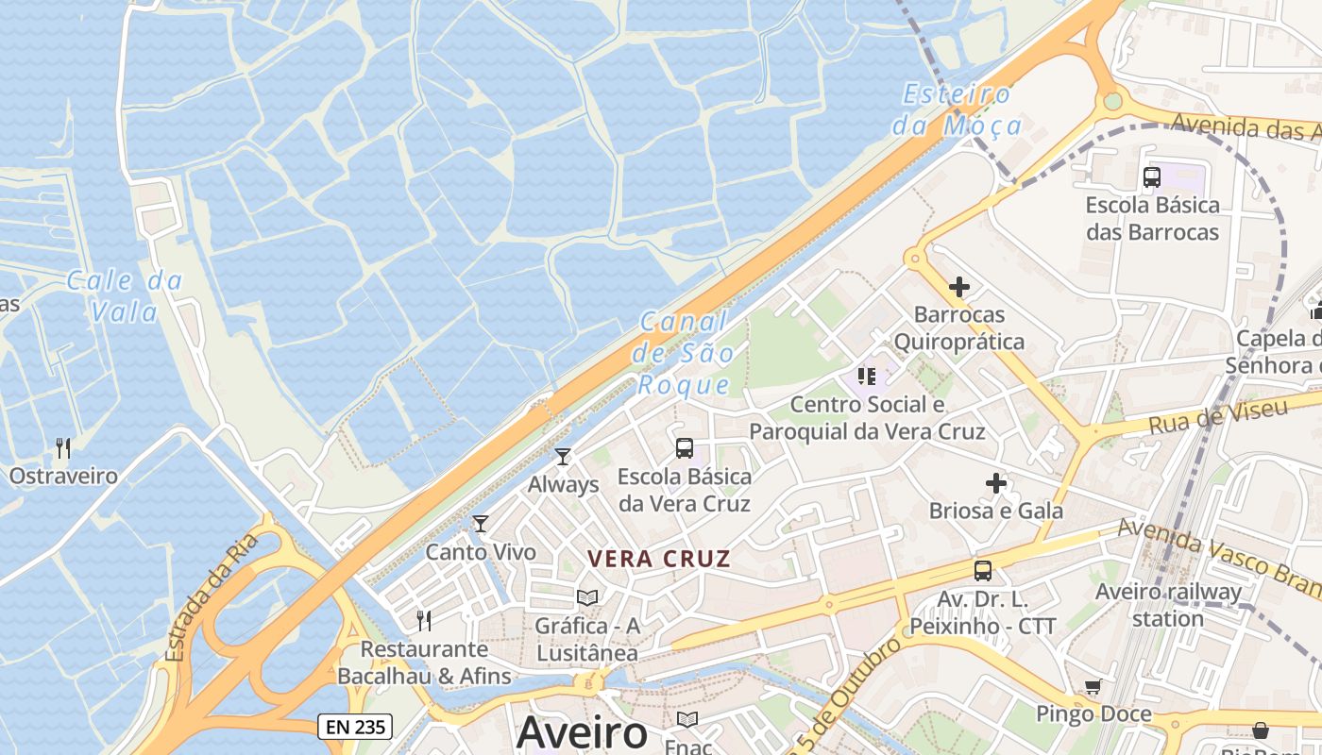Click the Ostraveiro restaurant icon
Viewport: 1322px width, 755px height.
tap(63, 447)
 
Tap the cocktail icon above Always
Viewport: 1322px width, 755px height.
tap(563, 457)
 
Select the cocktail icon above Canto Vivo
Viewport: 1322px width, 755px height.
tap(481, 524)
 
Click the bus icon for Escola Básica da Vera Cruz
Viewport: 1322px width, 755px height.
tap(685, 448)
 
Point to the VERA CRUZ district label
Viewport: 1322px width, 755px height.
tap(659, 559)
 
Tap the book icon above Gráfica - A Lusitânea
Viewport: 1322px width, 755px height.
tap(587, 597)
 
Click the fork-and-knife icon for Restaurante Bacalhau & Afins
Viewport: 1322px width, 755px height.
tap(425, 620)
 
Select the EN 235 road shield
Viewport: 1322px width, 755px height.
tap(354, 726)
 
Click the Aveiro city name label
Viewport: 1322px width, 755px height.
tap(582, 732)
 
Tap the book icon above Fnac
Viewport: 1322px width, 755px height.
tap(687, 720)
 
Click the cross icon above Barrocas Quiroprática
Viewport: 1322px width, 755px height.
tap(959, 287)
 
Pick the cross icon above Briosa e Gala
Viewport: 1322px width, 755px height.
tap(996, 484)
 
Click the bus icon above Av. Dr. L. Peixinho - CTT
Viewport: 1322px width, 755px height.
tap(983, 570)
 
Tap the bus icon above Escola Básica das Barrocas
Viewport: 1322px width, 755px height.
tap(1152, 176)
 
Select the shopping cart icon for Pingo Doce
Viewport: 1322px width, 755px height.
tap(1093, 687)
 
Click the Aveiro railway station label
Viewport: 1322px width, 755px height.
tap(1168, 605)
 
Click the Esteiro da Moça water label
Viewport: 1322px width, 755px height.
tap(958, 109)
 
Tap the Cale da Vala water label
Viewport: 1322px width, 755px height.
tap(125, 295)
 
